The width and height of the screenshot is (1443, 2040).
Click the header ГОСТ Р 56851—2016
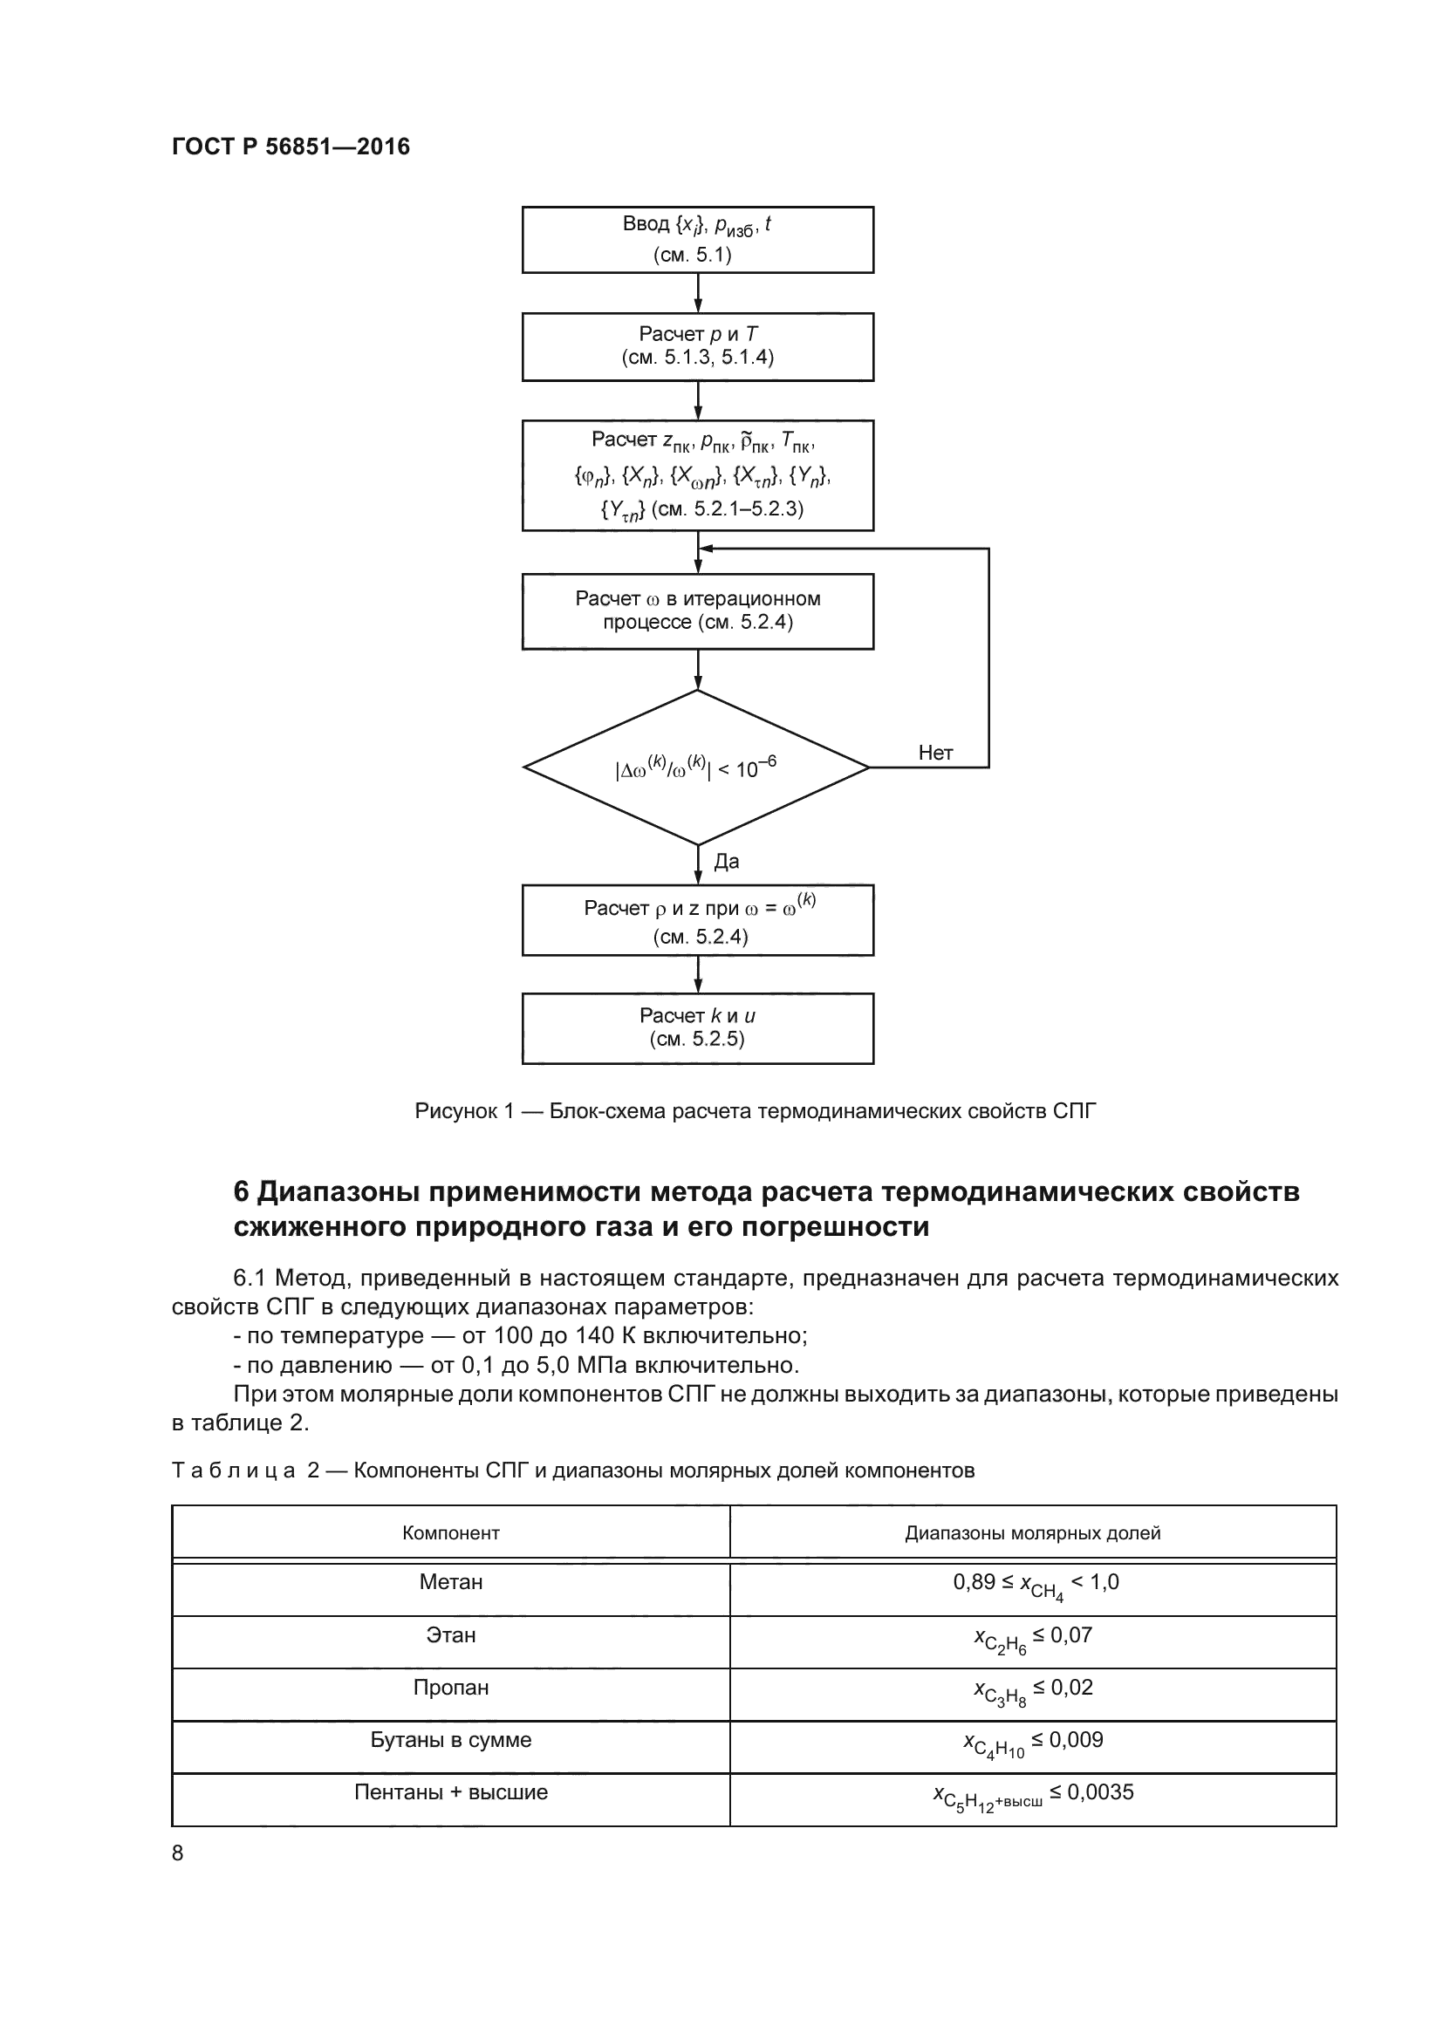click(291, 147)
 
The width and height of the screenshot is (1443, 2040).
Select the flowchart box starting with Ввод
click(698, 240)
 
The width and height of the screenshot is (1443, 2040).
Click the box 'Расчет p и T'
click(698, 346)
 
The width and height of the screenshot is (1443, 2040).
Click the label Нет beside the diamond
click(935, 753)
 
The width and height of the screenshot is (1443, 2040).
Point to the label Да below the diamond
click(726, 861)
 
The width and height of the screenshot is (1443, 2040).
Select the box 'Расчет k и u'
click(698, 1028)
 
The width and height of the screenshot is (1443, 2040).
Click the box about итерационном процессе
click(698, 611)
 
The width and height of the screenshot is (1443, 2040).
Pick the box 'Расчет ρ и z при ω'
click(698, 920)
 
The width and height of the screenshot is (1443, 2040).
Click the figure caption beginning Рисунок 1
click(756, 1110)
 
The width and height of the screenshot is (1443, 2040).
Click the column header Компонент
click(450, 1532)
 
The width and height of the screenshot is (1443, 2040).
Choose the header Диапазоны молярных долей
click(1032, 1532)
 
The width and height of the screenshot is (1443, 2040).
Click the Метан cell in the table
click(450, 1582)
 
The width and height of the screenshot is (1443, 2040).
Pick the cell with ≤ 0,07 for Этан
click(1032, 1636)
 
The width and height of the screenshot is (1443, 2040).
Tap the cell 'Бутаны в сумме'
click(450, 1741)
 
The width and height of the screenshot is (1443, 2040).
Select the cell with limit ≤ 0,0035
click(1032, 1794)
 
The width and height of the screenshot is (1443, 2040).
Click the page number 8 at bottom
click(178, 1852)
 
